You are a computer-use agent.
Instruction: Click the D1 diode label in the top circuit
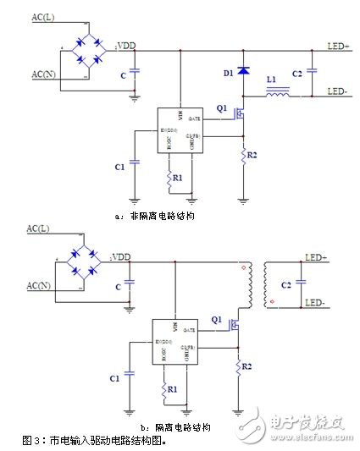[227, 74]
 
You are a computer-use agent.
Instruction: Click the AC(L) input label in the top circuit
[43, 18]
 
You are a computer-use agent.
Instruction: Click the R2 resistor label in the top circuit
[254, 156]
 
